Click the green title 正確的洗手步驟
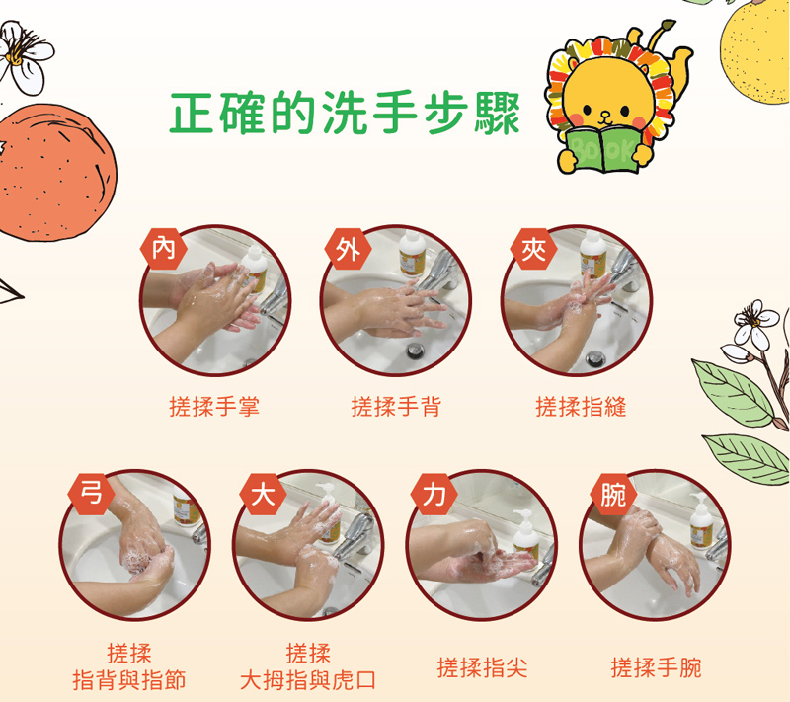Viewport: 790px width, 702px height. (345, 113)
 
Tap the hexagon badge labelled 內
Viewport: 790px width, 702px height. (164, 249)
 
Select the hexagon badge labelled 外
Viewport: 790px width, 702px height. (349, 249)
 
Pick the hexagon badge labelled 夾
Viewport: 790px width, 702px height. (533, 249)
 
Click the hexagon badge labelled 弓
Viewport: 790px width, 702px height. (92, 494)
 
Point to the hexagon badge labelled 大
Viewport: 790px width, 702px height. (263, 494)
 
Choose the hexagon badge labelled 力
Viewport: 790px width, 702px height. (434, 494)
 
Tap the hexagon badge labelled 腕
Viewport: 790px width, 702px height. (613, 494)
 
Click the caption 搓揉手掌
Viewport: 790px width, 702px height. (214, 407)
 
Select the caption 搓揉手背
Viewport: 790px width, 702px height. (396, 407)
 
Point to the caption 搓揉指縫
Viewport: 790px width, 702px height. (581, 407)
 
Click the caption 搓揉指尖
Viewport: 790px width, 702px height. (482, 668)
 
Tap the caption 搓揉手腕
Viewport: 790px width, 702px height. (656, 668)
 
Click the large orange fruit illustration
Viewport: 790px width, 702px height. (54, 172)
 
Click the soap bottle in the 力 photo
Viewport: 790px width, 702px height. (526, 535)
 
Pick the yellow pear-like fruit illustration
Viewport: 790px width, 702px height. (755, 50)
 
